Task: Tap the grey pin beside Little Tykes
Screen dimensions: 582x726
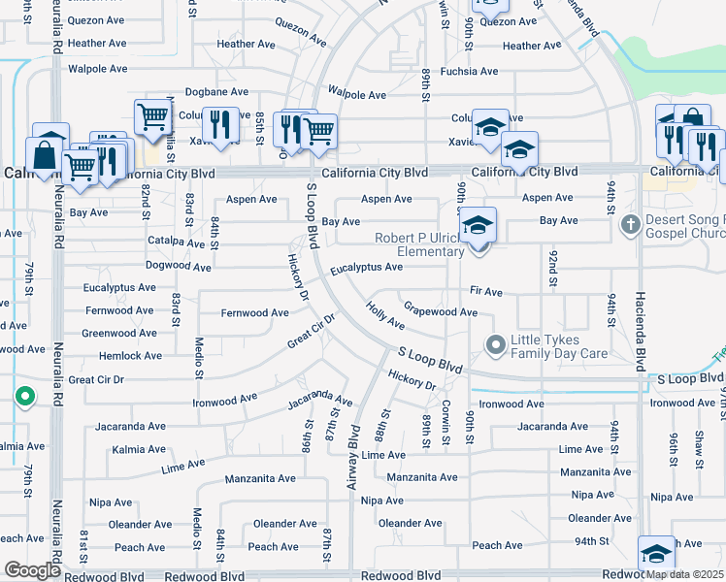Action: (495, 345)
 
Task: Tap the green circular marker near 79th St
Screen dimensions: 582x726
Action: (24, 396)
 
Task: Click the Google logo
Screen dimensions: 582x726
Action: (32, 570)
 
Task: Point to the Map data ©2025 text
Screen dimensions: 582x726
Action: (685, 574)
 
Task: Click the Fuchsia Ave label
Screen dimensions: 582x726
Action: (469, 72)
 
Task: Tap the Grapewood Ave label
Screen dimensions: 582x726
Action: (441, 312)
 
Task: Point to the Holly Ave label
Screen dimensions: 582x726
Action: (385, 315)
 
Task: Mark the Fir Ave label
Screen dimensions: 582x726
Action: (485, 291)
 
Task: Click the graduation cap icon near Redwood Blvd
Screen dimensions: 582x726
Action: (656, 553)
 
